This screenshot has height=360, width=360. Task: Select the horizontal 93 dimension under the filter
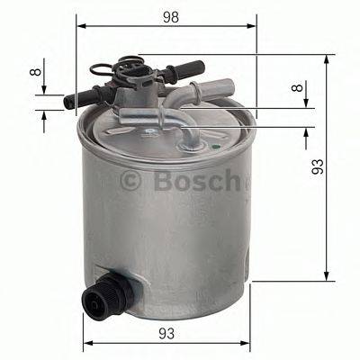click(x=166, y=333)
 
